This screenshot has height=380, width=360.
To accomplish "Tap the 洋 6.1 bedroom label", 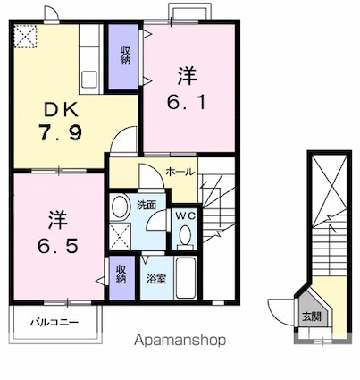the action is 187,89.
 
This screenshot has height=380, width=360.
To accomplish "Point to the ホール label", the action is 180,172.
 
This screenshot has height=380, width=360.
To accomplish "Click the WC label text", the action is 185,215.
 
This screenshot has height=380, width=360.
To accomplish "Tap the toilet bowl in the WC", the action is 186,235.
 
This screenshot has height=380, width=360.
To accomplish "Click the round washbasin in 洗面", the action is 121,207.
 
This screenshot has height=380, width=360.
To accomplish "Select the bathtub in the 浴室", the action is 186,278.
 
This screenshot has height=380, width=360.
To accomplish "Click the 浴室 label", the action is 156,279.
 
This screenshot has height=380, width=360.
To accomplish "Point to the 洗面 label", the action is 147,205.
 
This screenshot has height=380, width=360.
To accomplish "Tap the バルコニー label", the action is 54,322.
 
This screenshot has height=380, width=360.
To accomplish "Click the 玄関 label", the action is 312,317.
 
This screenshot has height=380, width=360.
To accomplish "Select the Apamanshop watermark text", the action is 180,340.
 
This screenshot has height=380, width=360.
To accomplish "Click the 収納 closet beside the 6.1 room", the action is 123,56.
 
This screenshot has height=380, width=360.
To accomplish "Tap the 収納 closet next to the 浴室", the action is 121,278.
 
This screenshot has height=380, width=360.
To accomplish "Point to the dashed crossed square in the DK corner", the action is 25,37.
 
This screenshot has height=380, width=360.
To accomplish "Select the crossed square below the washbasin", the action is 121,237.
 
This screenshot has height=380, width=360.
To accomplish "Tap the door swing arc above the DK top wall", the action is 50,12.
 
